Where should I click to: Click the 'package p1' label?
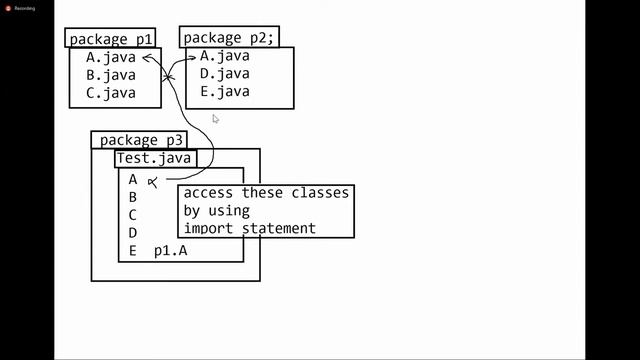click(110, 39)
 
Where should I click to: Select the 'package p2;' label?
click(229, 39)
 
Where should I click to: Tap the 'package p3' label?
click(142, 141)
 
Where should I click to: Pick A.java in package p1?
click(110, 57)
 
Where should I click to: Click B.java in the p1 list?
click(110, 75)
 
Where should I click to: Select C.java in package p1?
click(110, 93)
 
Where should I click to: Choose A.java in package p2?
click(225, 56)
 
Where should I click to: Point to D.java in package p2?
click(225, 74)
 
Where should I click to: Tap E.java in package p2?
click(225, 92)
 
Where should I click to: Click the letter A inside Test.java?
click(133, 180)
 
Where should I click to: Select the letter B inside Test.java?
click(133, 198)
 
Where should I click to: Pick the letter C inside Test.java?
click(133, 215)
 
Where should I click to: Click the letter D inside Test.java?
click(133, 233)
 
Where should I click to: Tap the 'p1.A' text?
click(170, 251)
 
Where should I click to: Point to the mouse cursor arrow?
click(215, 119)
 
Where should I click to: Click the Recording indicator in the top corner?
click(19, 7)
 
